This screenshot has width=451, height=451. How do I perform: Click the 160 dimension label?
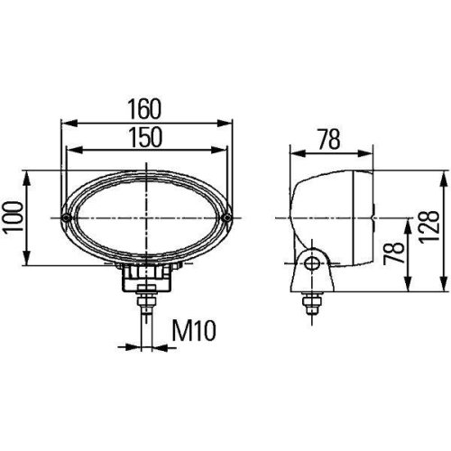tap(145, 108)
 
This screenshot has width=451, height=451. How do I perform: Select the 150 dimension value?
tap(145, 136)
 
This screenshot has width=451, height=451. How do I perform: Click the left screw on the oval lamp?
tap(68, 218)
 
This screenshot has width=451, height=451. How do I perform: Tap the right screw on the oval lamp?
tap(227, 217)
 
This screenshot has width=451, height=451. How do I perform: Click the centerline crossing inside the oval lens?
tap(146, 217)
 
